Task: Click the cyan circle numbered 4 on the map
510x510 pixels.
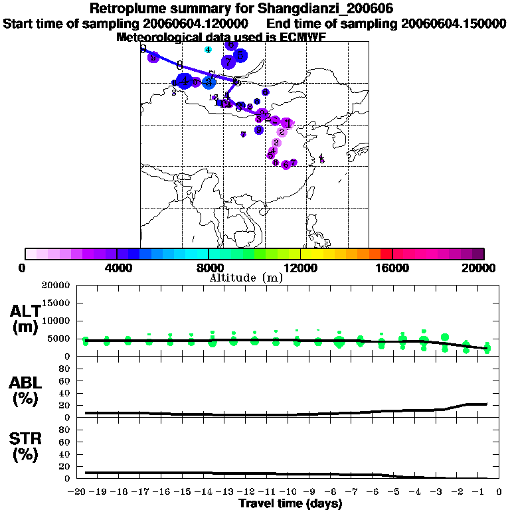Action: (x=209, y=50)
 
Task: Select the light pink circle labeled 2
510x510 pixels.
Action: (x=282, y=132)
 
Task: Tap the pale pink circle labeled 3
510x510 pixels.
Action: (x=276, y=142)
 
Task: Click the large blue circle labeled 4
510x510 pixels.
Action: (x=185, y=82)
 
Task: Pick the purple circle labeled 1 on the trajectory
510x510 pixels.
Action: (x=287, y=123)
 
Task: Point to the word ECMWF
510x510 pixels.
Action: (x=299, y=37)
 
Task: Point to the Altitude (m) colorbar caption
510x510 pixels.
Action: (x=246, y=278)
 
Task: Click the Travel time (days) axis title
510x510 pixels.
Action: (x=290, y=504)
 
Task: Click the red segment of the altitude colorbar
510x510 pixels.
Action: (x=386, y=254)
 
